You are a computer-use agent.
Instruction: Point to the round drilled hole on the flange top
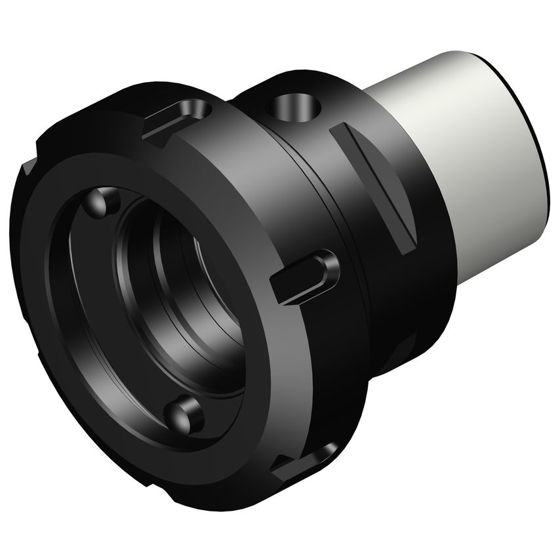tap(292, 107)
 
